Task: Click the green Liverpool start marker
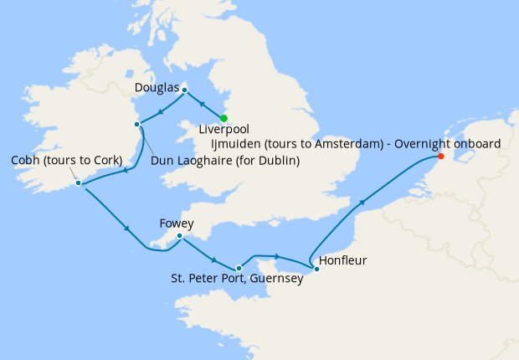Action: click(x=224, y=118)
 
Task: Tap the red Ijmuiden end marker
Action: click(x=441, y=156)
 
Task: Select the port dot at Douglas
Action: click(x=185, y=90)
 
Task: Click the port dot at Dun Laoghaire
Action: click(x=136, y=125)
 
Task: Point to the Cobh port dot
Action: click(x=78, y=183)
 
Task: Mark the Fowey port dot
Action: click(x=180, y=236)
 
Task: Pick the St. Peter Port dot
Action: click(x=239, y=268)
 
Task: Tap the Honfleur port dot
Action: click(x=316, y=269)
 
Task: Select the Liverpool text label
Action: click(x=225, y=130)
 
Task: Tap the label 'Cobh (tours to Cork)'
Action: click(x=66, y=160)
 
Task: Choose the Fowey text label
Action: click(x=177, y=224)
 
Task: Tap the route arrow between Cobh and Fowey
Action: click(x=126, y=229)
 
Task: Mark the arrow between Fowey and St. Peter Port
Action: click(x=215, y=259)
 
